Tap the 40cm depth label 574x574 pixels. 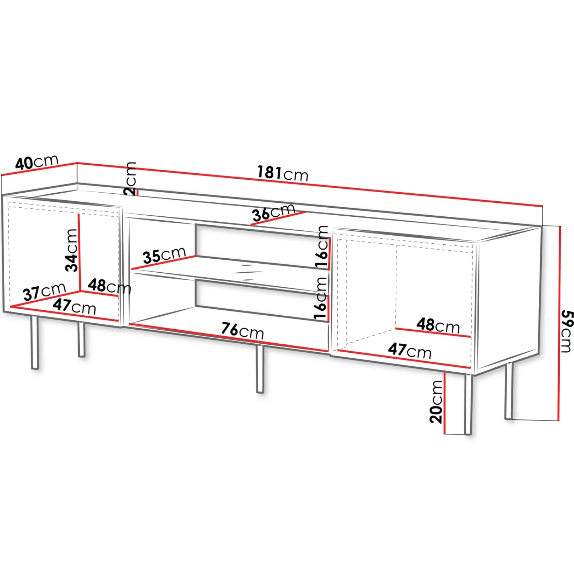click(37, 162)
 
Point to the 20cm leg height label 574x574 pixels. click(436, 402)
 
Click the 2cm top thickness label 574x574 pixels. click(130, 178)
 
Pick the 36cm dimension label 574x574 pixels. click(273, 212)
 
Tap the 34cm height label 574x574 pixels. click(71, 250)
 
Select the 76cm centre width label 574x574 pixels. click(243, 330)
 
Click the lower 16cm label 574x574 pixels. click(320, 298)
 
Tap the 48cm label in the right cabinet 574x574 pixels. click(438, 325)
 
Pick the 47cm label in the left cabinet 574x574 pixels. click(75, 307)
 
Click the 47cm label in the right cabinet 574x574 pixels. click(410, 350)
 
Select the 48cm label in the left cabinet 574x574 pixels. click(109, 286)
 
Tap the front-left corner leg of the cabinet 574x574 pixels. click(34, 342)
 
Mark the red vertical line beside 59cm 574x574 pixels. click(559, 323)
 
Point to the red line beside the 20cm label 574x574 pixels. click(444, 403)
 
